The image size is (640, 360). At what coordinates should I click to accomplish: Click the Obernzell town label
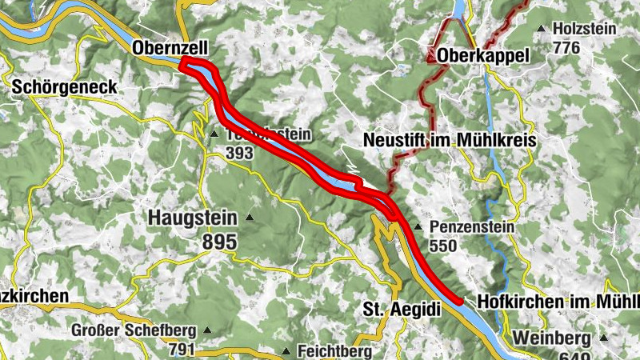click(x=165, y=48)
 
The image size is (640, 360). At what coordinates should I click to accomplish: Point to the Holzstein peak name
click(x=584, y=30)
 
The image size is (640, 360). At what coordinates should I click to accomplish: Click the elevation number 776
click(x=566, y=47)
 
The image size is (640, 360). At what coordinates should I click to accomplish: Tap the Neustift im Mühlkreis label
click(x=449, y=140)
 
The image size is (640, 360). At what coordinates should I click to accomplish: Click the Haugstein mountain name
click(x=192, y=217)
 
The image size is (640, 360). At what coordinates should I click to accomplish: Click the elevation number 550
click(x=443, y=246)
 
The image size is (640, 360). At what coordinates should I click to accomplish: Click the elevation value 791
click(x=183, y=349)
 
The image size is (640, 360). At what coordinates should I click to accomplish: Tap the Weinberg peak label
click(x=553, y=337)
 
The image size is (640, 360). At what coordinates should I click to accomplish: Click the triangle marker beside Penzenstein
click(x=417, y=227)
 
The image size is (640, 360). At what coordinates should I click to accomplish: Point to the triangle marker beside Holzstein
click(x=542, y=30)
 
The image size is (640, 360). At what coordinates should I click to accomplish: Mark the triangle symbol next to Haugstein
click(x=250, y=217)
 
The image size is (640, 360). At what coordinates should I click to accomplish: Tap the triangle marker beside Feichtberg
click(x=286, y=351)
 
